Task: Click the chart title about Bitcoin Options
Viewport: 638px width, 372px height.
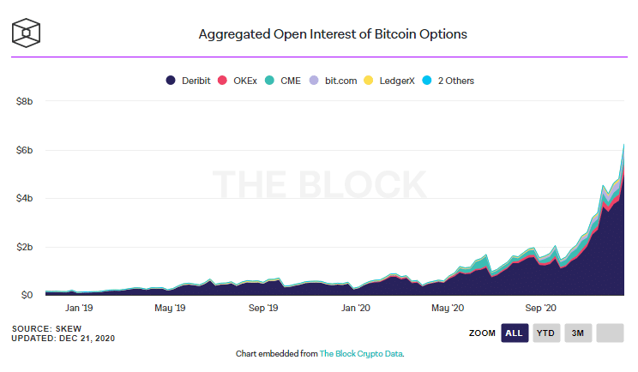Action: (x=333, y=35)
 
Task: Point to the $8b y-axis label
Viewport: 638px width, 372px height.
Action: (x=25, y=101)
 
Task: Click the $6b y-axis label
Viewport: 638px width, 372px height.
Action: (x=25, y=150)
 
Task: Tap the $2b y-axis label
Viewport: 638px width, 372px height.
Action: (x=25, y=247)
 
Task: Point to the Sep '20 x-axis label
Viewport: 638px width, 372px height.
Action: (x=540, y=307)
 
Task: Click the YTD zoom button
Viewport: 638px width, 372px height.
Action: (x=545, y=333)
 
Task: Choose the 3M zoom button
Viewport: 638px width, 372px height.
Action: (x=577, y=333)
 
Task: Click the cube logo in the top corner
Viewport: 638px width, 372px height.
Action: (x=27, y=33)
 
